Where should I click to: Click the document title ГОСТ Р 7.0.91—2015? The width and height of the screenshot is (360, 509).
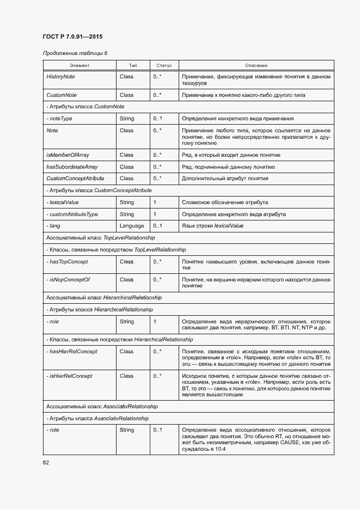(72, 37)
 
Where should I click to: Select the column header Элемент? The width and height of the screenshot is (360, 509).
(79, 65)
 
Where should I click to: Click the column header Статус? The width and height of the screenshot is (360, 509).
(164, 65)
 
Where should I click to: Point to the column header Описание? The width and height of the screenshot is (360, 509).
(256, 65)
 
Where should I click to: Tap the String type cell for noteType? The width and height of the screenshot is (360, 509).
(126, 119)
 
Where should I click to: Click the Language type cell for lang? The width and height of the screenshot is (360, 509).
(132, 226)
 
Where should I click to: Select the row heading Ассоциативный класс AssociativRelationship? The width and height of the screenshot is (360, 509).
(102, 407)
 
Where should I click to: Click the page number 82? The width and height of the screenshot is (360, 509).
(47, 463)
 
